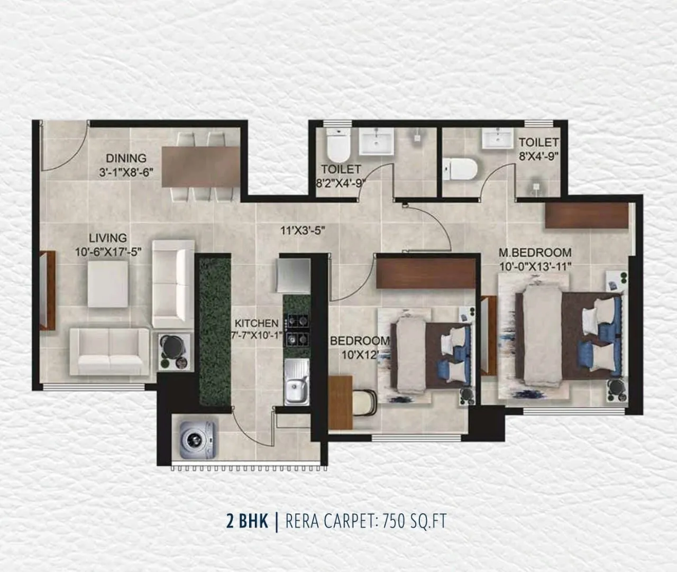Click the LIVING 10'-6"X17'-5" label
(x=108, y=245)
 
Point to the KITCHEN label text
(x=257, y=323)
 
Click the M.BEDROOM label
(x=535, y=252)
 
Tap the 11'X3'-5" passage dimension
(x=302, y=230)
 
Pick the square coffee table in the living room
(x=108, y=284)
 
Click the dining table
(x=200, y=165)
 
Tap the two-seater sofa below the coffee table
(x=109, y=351)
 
